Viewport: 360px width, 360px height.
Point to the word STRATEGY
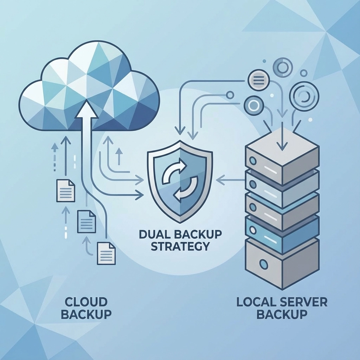180,246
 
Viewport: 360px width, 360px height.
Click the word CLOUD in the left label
86,302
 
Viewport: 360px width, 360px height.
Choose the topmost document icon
66,191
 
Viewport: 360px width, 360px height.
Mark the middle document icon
86,221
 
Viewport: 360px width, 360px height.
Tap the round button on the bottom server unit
263,263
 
